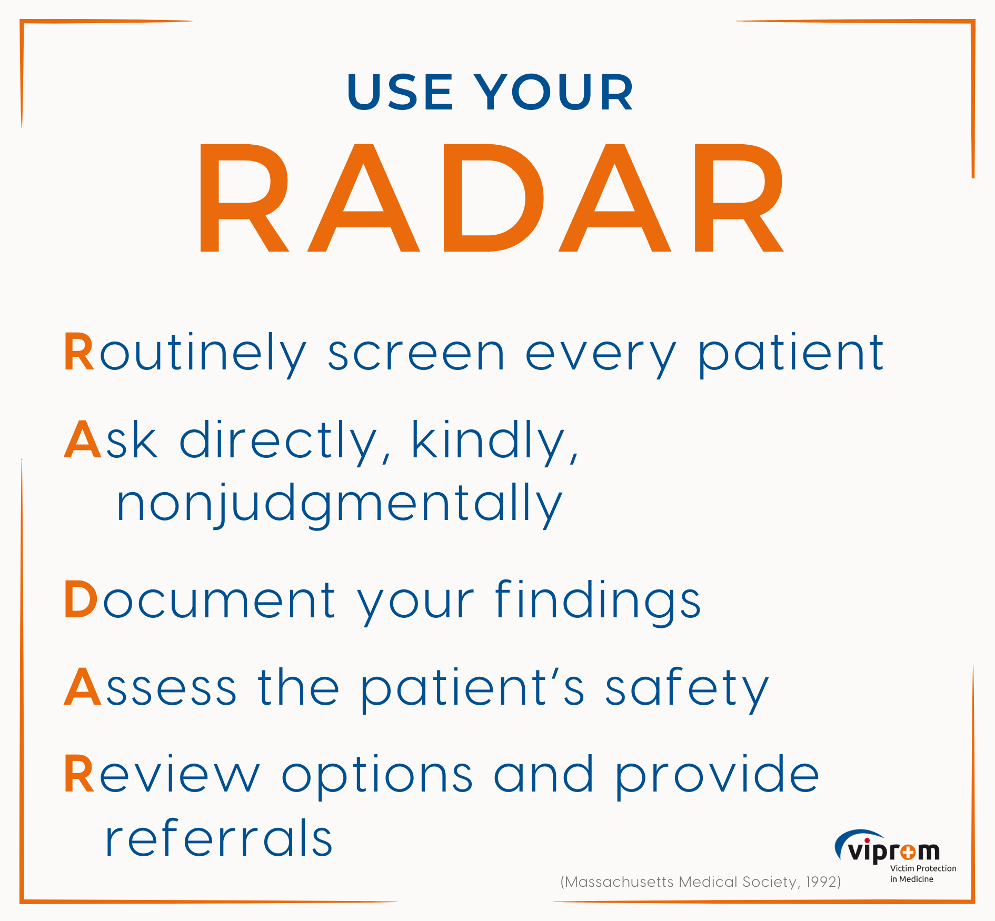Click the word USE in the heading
(400, 92)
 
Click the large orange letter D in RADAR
(494, 198)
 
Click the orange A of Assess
(83, 687)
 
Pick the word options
(377, 776)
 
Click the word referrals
(218, 837)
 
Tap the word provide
(717, 776)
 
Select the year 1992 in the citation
(822, 882)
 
